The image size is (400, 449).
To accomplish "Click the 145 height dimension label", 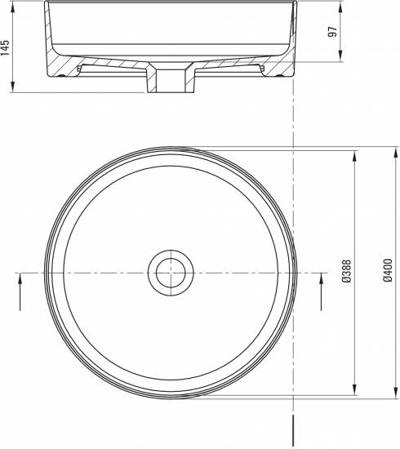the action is coord(5,47).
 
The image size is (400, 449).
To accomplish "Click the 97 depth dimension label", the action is coord(332,32).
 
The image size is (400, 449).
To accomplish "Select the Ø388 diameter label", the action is coord(346,272).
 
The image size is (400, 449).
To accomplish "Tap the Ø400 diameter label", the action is coord(388,270).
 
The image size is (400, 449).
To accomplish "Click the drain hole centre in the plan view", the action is coord(171,273).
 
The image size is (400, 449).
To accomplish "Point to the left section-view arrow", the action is coord(20,291).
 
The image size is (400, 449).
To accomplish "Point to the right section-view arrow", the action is coord(321,291).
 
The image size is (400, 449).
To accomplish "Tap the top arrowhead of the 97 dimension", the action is coord(340,7).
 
